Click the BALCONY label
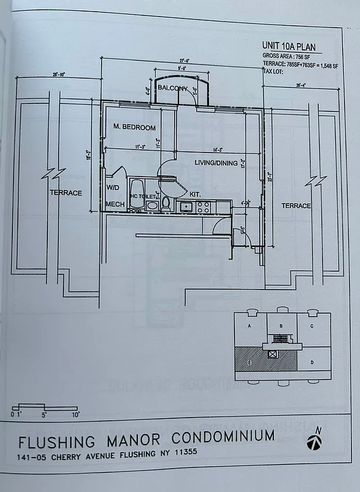(x=172, y=89)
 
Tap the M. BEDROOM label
(x=135, y=127)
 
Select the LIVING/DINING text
(x=199, y=162)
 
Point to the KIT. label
(x=196, y=192)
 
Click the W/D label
(x=113, y=187)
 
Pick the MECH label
(x=115, y=204)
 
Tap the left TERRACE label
(x=66, y=192)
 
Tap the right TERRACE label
(x=296, y=205)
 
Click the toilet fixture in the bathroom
(x=166, y=204)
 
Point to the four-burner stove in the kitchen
(x=204, y=207)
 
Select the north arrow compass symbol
(x=316, y=440)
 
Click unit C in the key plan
(x=313, y=326)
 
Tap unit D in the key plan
(x=313, y=362)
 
